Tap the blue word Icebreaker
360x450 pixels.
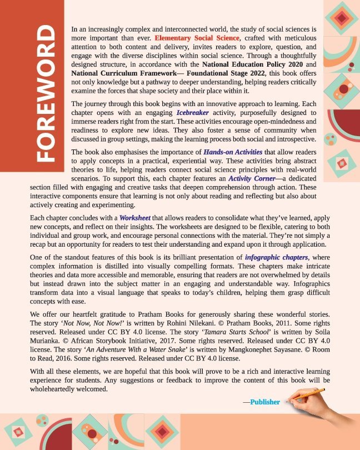point(194,112)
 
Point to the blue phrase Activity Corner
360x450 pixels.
point(251,179)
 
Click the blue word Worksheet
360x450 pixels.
point(135,218)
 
